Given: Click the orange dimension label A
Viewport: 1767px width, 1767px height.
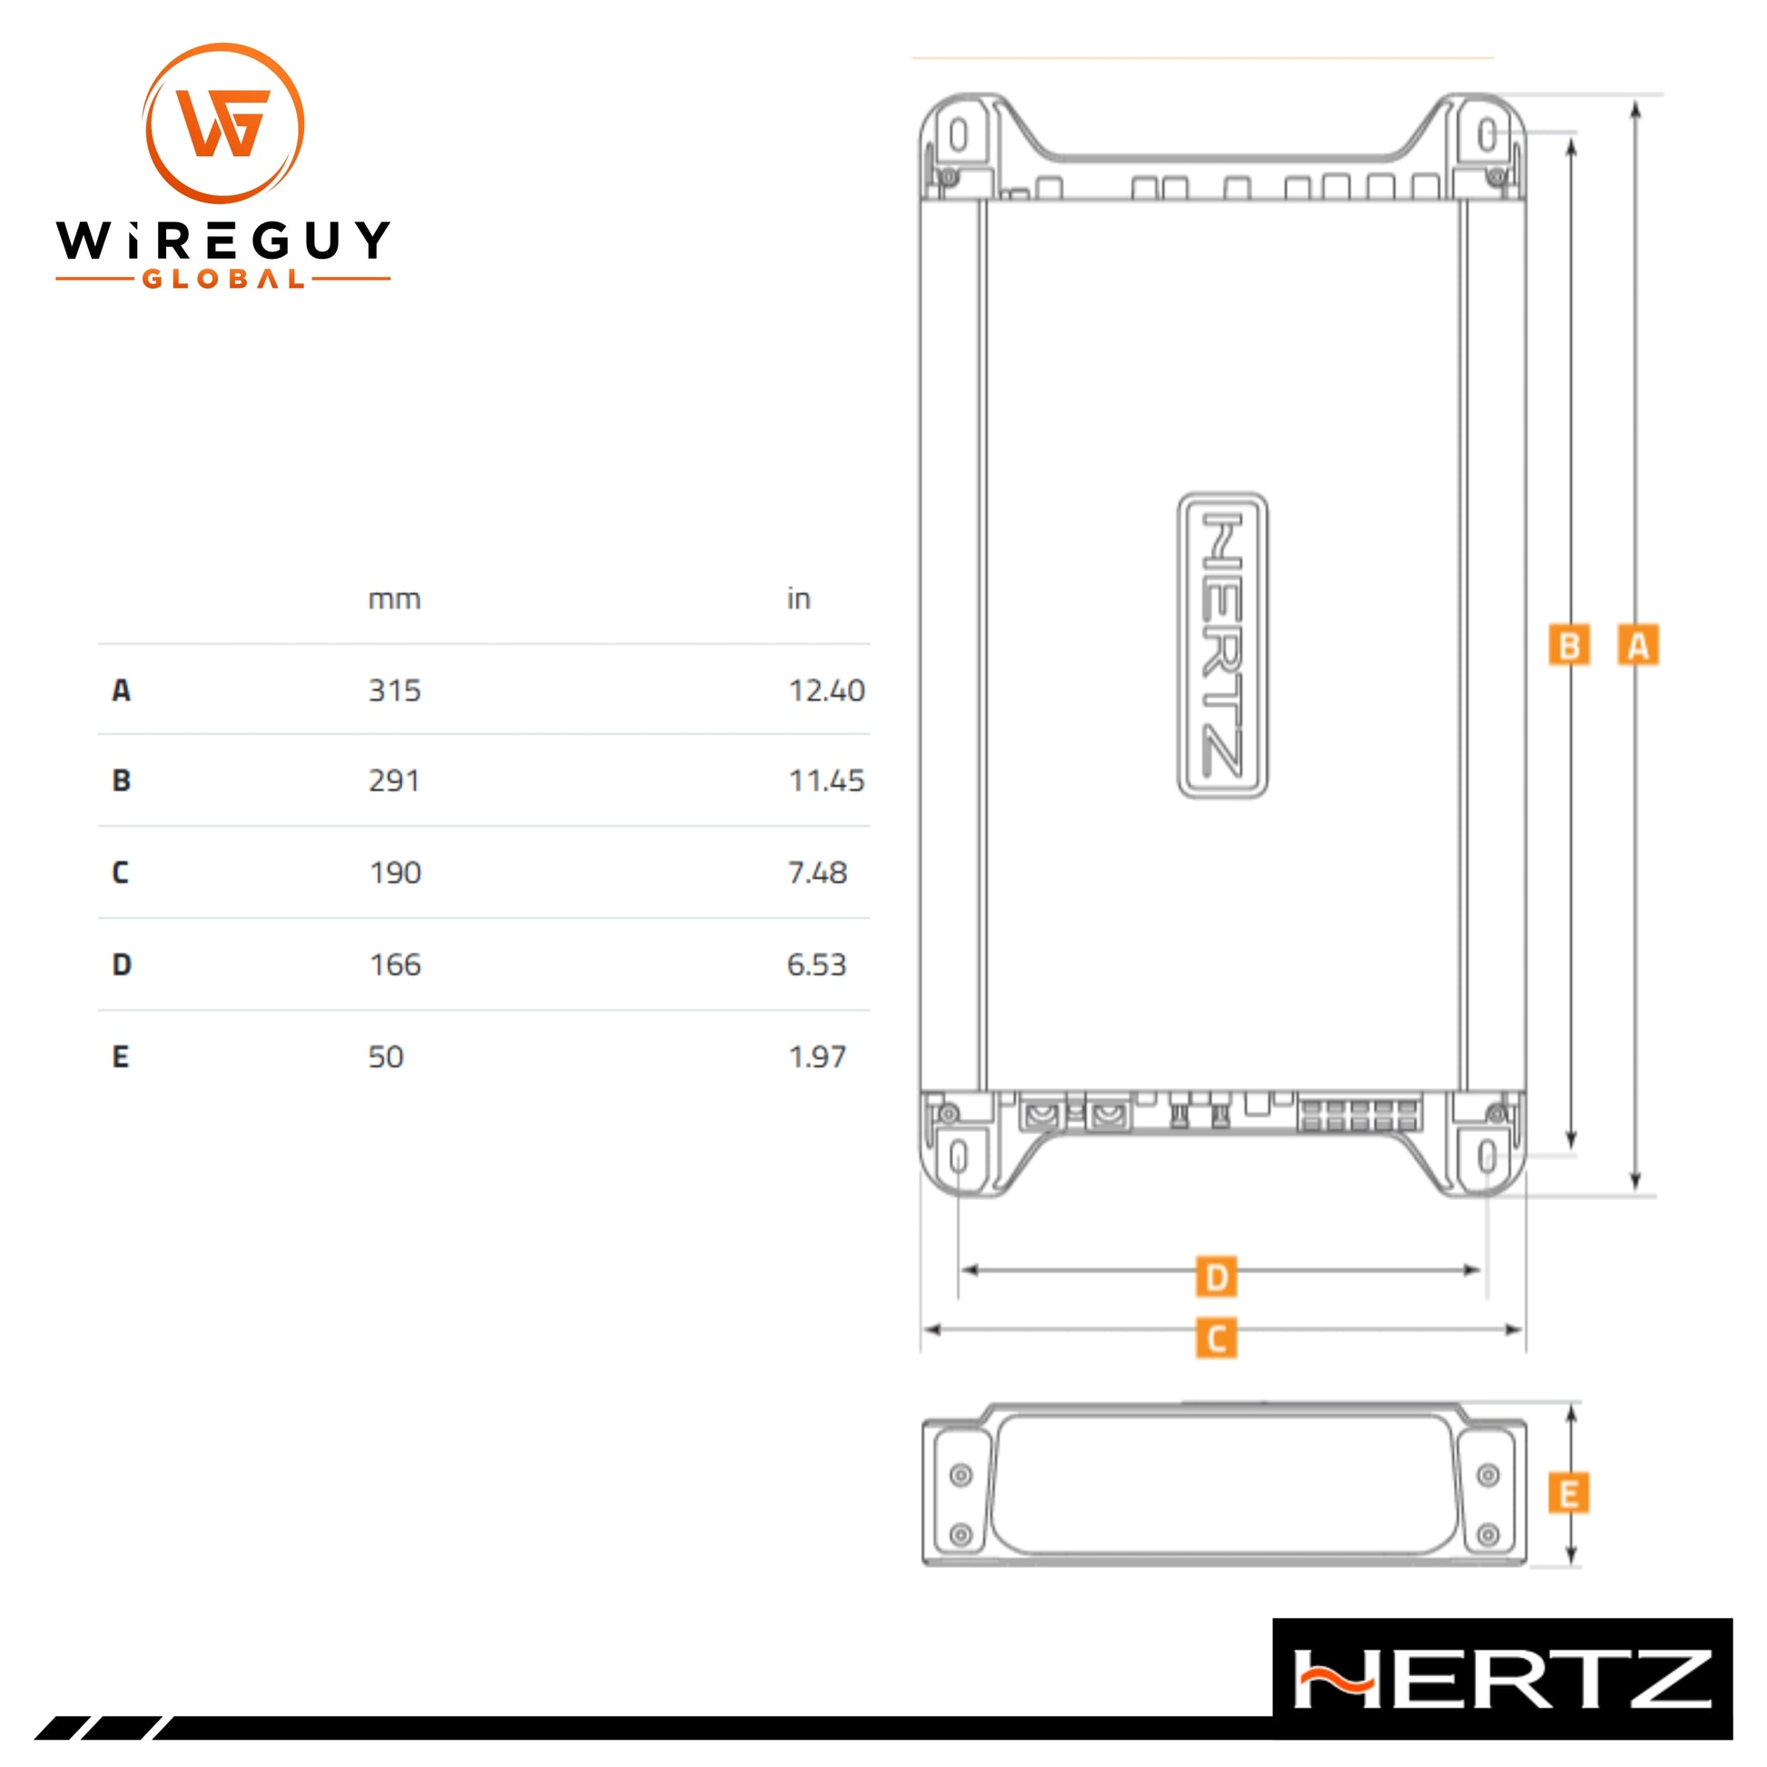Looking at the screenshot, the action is coord(1637,645).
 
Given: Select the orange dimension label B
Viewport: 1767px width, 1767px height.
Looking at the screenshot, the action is coord(1568,645).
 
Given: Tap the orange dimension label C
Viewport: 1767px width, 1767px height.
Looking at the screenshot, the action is coord(1216,1338).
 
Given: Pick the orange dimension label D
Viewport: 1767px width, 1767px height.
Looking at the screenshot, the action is coord(1216,1277).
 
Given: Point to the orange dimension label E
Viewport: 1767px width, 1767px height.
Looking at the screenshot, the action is coord(1568,1496).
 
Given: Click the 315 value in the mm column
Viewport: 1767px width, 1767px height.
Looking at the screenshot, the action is coord(394,690).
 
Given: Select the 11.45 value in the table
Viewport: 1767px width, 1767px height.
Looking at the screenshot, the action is coord(826,781).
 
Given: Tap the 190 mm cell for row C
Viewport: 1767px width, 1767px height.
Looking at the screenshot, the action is coord(395,873).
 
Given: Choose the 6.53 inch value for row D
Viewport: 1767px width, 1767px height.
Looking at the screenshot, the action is coord(816,965).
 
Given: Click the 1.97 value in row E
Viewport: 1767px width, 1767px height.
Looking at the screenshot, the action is coord(816,1057).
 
